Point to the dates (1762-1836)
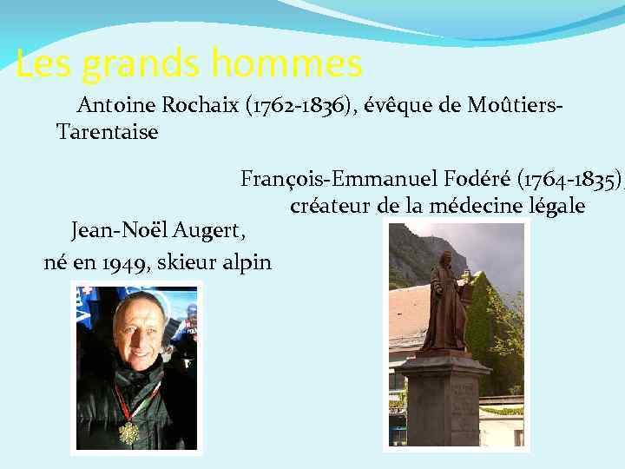point(301,107)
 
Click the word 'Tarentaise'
point(107,133)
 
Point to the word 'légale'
point(556,207)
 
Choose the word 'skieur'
point(185,262)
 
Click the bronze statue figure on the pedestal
point(445,304)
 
